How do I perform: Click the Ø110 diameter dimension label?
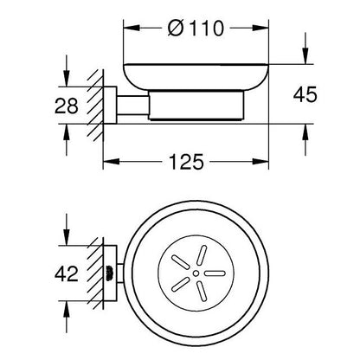tap(196, 29)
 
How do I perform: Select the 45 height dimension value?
tap(305, 94)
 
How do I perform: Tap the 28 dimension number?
tap(67, 106)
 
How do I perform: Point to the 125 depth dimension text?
tap(186, 162)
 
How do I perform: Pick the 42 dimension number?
tap(67, 273)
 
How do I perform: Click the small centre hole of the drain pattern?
tap(196, 273)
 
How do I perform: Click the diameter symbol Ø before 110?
tap(176, 29)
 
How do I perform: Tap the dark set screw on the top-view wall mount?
tap(109, 273)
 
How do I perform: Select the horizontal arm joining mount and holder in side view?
tap(132, 106)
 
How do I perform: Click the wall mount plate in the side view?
tap(110, 105)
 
